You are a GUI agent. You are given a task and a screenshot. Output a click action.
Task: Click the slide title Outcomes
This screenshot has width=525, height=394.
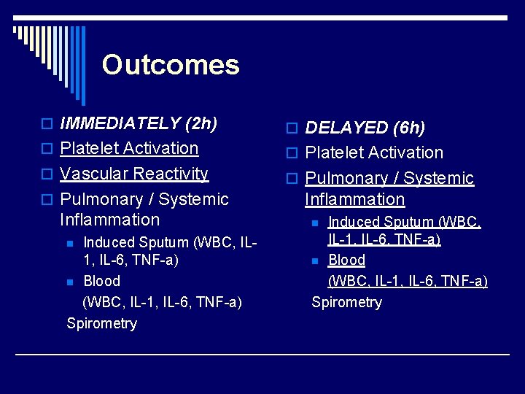click(x=171, y=65)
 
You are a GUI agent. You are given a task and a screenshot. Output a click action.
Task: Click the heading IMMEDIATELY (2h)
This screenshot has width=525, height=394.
click(x=139, y=123)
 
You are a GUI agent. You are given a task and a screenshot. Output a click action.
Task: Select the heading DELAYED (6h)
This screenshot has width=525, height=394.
click(x=365, y=128)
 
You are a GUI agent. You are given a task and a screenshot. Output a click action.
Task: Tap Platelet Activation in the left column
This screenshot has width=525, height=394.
click(x=129, y=148)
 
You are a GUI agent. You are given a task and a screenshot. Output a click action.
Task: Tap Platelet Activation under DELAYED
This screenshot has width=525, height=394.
click(x=374, y=153)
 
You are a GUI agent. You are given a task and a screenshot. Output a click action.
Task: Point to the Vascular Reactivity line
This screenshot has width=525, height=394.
click(x=134, y=174)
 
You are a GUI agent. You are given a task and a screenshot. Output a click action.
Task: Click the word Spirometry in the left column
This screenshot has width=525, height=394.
click(x=101, y=323)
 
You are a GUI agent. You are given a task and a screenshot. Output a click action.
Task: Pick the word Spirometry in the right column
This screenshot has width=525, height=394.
click(x=346, y=302)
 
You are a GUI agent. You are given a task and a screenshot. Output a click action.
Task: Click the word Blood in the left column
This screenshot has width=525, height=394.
click(x=102, y=281)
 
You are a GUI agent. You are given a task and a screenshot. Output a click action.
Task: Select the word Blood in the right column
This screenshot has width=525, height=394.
click(x=346, y=260)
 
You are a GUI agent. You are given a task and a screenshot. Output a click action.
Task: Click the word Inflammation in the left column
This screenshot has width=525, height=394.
click(x=109, y=220)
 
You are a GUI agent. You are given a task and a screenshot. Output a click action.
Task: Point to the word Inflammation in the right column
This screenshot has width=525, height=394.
click(x=354, y=199)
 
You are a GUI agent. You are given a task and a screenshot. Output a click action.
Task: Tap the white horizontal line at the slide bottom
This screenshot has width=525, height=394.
click(x=262, y=355)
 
